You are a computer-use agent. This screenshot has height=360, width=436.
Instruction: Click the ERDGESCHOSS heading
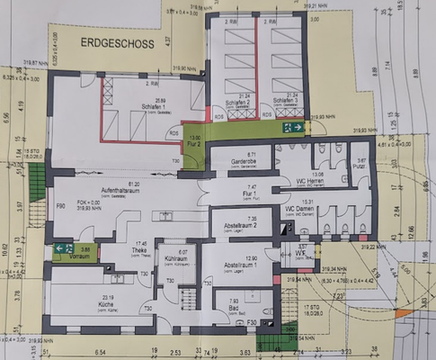click(x=117, y=42)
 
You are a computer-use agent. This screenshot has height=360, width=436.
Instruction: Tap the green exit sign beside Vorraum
click(x=63, y=247)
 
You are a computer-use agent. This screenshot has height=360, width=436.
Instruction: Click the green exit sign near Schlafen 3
click(x=292, y=128)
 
